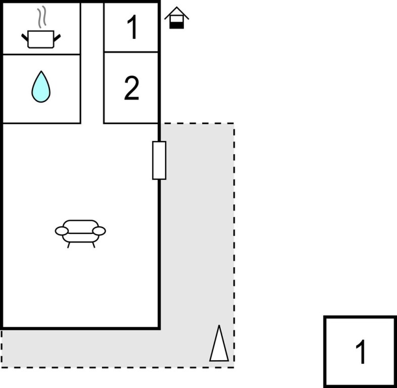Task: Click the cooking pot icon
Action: tap(40, 38)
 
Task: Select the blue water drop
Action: tap(41, 87)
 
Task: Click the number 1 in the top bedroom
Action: tap(132, 28)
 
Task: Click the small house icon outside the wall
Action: tap(176, 18)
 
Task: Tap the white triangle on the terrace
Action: tap(219, 345)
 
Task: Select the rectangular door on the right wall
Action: tap(159, 160)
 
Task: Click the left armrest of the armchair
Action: tap(62, 231)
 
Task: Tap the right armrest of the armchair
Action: tap(99, 231)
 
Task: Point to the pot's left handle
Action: tap(25, 37)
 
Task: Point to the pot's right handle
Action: tap(57, 37)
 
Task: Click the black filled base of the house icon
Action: tap(176, 25)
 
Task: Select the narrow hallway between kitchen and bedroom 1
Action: tap(92, 61)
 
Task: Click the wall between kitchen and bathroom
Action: tap(41, 54)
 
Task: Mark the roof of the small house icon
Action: tap(176, 12)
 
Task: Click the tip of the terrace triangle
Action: tap(219, 327)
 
